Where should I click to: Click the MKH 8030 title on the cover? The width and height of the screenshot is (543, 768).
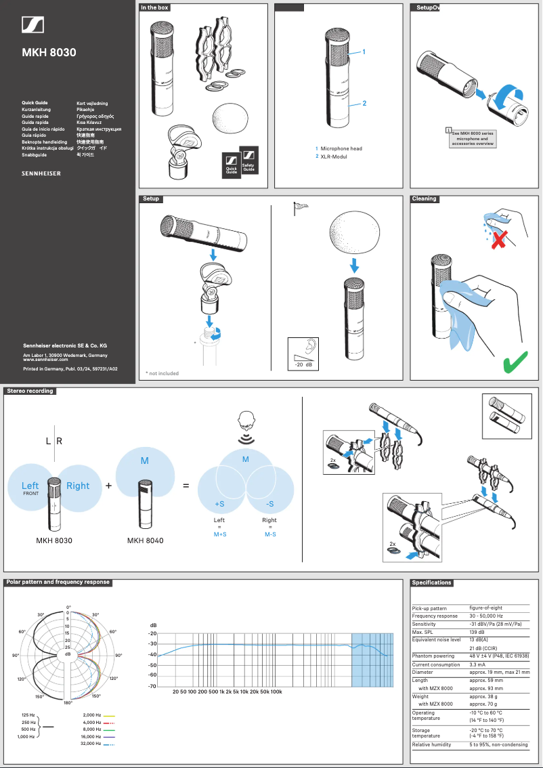point(49,52)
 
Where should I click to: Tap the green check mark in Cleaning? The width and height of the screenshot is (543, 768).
point(516,362)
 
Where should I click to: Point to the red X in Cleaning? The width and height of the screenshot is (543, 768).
point(499,238)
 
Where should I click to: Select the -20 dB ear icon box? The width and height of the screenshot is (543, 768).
point(303,353)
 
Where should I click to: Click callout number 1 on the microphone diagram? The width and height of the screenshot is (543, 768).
point(364,51)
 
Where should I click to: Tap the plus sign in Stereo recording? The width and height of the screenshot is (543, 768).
point(108,486)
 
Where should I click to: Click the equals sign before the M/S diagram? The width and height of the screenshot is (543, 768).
point(186,486)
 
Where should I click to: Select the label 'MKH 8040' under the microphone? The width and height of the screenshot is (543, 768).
point(146,540)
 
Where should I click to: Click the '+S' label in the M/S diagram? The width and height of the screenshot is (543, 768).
point(219,504)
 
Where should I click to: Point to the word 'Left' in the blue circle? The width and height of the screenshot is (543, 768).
point(30,485)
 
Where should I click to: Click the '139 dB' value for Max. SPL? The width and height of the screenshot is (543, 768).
point(477,632)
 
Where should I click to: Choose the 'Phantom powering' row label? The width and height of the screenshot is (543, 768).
point(434,656)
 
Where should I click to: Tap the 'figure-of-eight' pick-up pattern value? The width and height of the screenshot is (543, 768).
point(486,608)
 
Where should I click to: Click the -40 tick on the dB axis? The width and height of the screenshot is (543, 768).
point(153,655)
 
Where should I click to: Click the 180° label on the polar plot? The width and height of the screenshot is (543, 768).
point(68,703)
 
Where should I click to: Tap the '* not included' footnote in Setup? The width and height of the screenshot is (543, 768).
point(162,373)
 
